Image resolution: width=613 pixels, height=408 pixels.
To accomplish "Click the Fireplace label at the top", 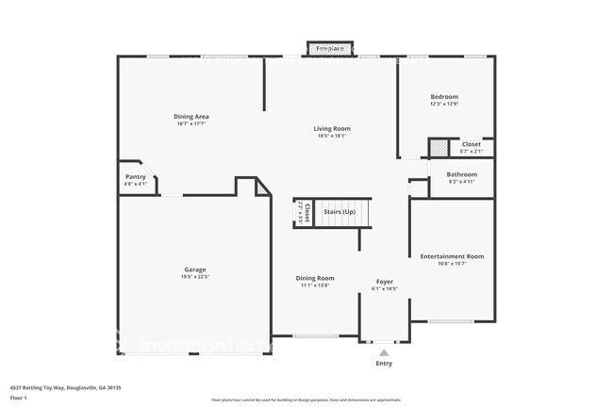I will point(329,47).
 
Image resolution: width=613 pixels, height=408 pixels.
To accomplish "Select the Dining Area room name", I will point(191,116).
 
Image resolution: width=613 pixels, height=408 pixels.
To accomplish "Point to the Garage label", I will point(195,269).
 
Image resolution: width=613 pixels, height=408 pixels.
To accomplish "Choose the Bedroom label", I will point(444,96).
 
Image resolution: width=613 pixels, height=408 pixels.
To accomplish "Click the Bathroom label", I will point(461,174).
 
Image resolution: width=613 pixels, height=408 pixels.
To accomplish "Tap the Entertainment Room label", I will point(452,256).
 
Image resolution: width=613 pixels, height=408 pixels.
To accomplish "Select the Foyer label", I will point(385,281).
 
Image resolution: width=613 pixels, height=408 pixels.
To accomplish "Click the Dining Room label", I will point(315,278).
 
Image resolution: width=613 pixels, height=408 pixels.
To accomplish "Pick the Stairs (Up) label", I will point(340,212).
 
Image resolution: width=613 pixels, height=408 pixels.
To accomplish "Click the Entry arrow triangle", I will point(384,352).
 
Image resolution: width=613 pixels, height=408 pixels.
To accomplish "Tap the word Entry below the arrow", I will point(384,364).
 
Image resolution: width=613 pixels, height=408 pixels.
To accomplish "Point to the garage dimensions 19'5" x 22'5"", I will point(195,277).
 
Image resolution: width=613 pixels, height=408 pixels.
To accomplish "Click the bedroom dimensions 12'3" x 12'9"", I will point(444,104).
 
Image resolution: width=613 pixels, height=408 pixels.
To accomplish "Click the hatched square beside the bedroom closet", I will point(439,148).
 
